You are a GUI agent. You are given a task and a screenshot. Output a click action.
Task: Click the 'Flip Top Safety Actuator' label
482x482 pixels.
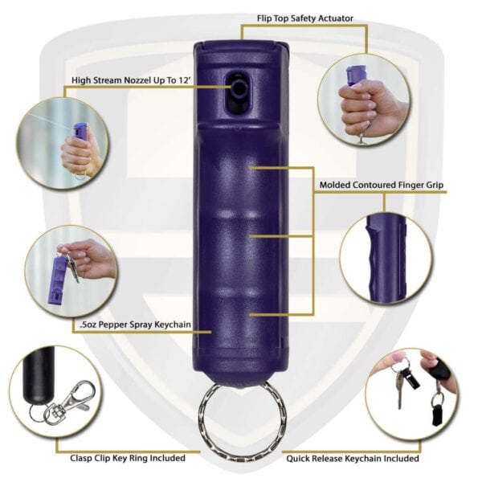[305, 18]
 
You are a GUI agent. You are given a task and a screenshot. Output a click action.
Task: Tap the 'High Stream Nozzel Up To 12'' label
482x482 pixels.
[131, 80]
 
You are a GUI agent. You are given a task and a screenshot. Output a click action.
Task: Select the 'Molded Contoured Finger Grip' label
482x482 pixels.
[381, 185]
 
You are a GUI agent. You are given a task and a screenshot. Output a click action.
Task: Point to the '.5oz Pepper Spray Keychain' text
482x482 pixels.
[135, 325]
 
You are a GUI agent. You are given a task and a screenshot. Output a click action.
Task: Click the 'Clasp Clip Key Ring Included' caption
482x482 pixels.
[128, 458]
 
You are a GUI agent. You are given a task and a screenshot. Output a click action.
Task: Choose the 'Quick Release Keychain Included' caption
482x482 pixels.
[353, 459]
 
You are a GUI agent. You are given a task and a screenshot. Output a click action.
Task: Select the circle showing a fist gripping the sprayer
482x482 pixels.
[364, 99]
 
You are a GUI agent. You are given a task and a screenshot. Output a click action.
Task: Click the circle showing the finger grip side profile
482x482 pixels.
[385, 258]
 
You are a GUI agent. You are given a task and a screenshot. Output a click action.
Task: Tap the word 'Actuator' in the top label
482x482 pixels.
[335, 18]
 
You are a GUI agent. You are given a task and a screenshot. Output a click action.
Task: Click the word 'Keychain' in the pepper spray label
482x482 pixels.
[172, 325]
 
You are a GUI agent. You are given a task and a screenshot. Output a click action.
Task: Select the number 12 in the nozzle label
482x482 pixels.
[183, 80]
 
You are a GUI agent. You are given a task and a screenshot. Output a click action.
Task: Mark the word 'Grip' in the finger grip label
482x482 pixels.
[433, 186]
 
